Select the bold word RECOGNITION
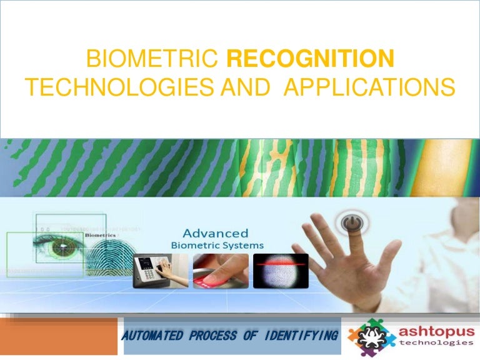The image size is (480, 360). click(x=310, y=60)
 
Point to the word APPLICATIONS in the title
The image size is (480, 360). click(x=369, y=89)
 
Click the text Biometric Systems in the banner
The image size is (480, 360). click(x=217, y=245)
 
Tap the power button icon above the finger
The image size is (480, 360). click(x=348, y=222)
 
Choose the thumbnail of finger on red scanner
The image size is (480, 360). click(x=219, y=271)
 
